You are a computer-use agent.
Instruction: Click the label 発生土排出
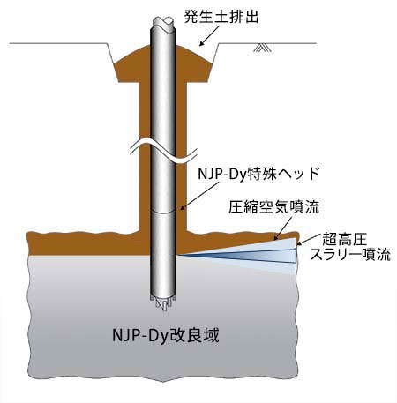pos(221,17)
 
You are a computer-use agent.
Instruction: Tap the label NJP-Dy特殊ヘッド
pos(258,174)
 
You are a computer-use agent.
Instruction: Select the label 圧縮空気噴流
pos(274,207)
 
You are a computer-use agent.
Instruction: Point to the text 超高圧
pos(345,239)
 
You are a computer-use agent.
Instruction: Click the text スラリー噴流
pos(350,255)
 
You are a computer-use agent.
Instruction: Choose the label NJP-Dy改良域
pos(166,335)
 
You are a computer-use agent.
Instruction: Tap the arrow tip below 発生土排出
pos(200,46)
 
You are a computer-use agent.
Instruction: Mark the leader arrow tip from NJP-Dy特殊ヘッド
pos(180,210)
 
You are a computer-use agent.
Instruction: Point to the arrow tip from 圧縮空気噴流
pos(274,240)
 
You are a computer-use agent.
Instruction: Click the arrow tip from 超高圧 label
pos(297,244)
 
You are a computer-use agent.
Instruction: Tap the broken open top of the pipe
pos(163,22)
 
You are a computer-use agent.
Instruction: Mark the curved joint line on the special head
pos(163,212)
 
